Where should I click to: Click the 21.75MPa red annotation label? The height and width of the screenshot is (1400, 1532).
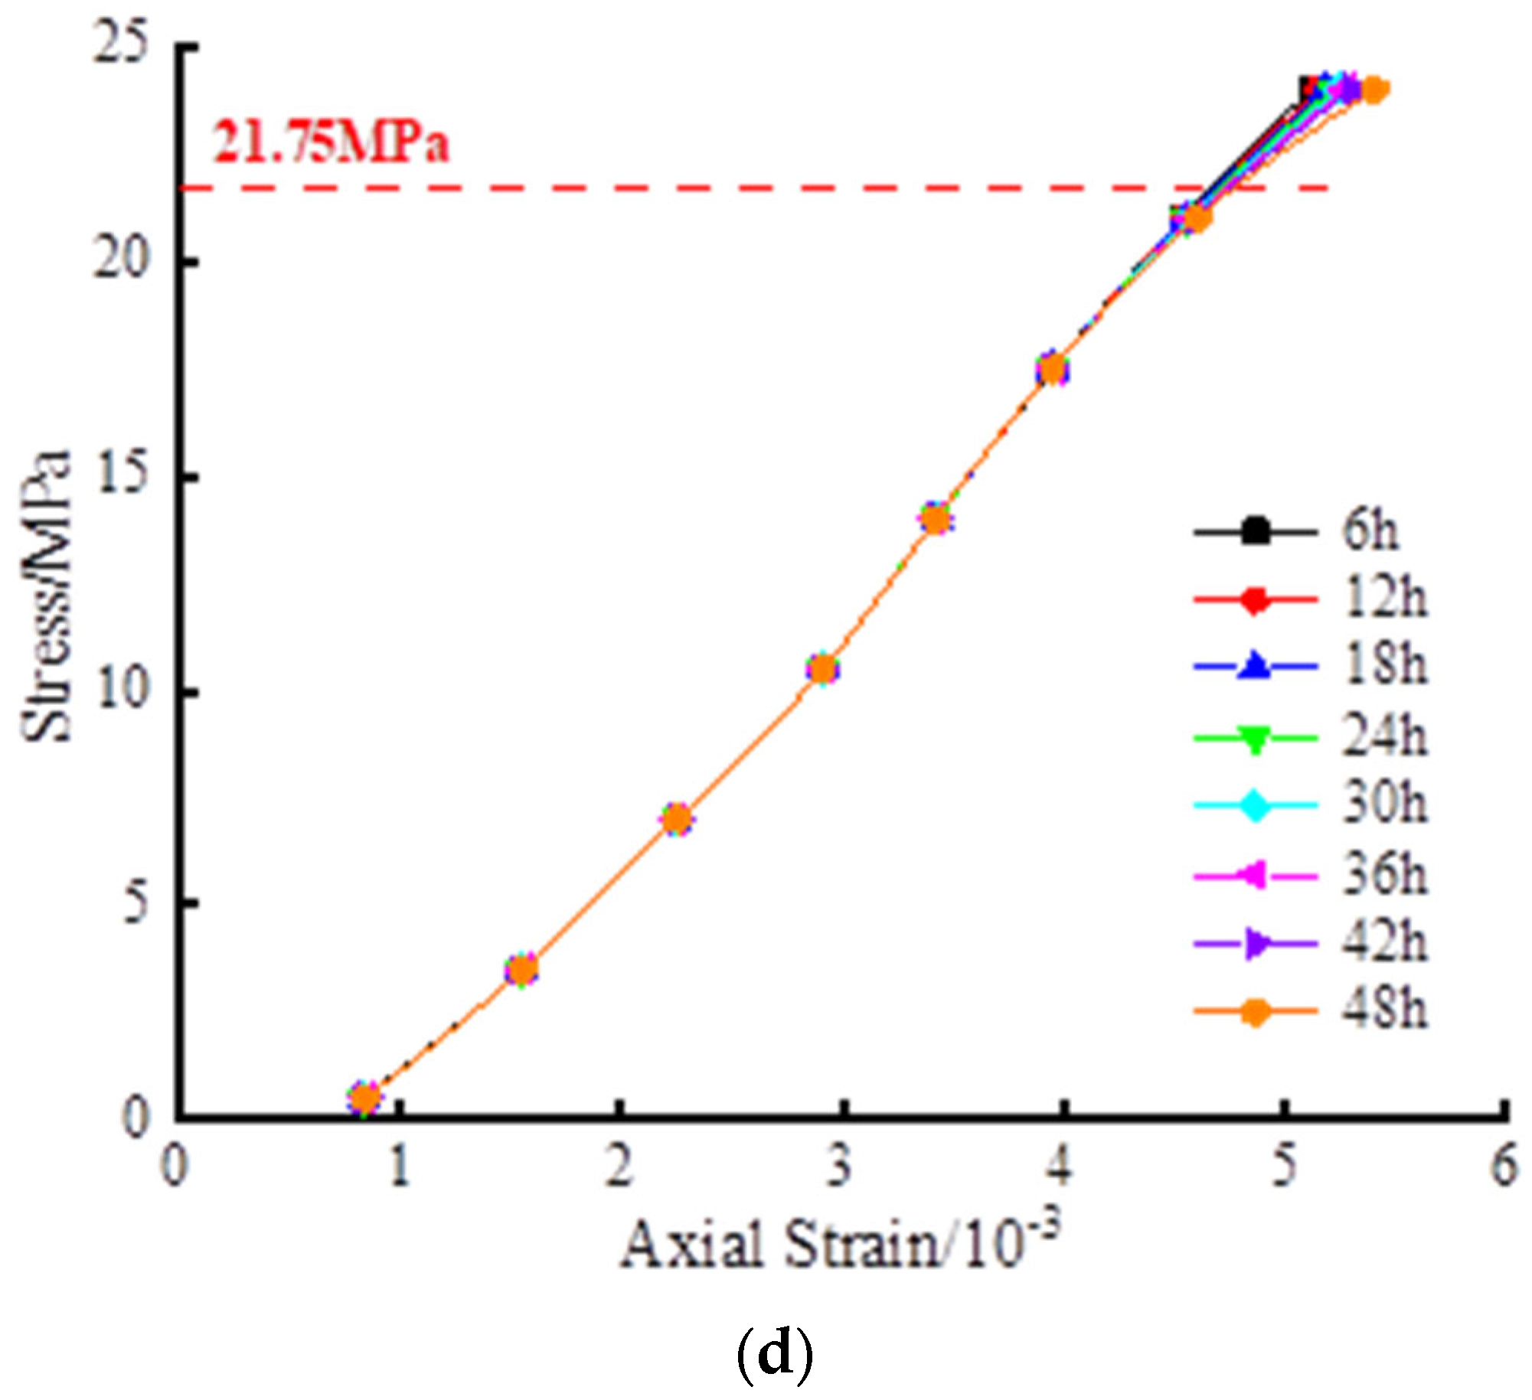331,143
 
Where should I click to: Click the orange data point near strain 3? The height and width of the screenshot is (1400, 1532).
823,670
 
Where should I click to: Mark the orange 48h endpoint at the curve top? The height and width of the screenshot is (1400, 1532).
1374,90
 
